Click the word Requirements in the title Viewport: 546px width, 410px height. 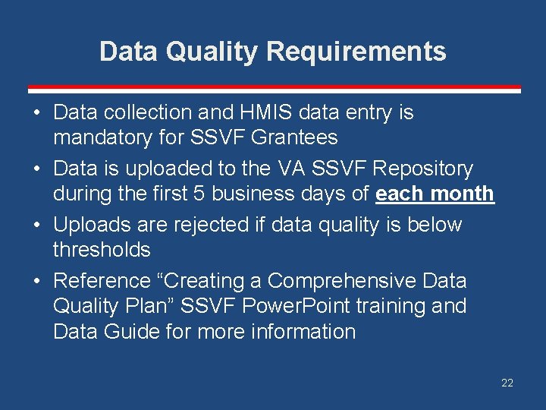(x=356, y=52)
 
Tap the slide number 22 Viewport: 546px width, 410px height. (x=507, y=383)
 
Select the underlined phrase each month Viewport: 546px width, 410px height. (x=435, y=194)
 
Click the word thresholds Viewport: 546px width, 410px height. (x=102, y=249)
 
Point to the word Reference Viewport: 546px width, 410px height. (x=102, y=281)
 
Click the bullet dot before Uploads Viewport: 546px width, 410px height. (x=36, y=225)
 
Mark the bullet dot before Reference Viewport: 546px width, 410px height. (x=36, y=281)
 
